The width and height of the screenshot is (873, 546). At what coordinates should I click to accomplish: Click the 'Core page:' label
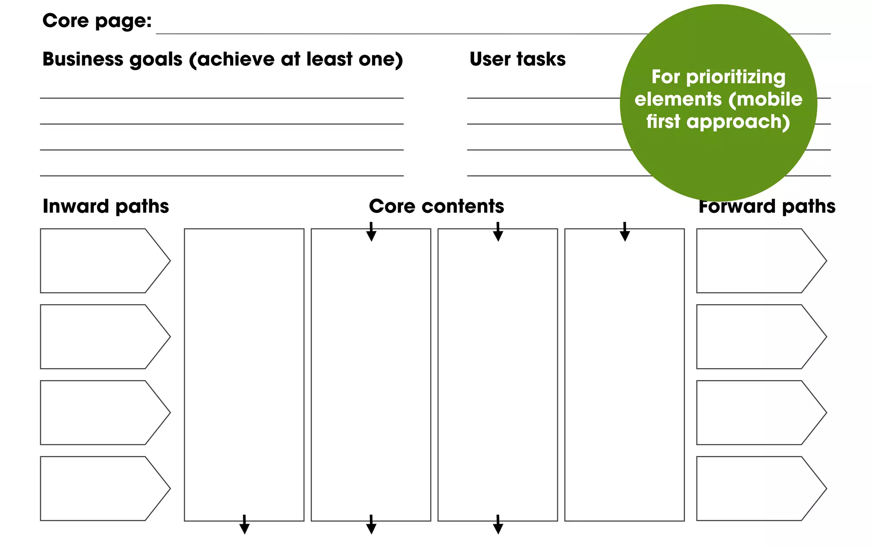point(97,21)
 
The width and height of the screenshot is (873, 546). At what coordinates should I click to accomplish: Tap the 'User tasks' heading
point(517,59)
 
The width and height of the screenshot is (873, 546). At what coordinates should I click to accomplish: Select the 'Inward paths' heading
point(106,206)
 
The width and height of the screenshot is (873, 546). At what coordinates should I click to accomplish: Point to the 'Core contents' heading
point(436,206)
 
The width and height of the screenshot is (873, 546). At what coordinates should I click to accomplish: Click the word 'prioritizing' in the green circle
point(736,77)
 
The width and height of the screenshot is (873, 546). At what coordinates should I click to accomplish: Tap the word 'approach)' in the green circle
point(738,122)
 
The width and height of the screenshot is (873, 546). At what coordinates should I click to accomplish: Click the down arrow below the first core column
point(244,525)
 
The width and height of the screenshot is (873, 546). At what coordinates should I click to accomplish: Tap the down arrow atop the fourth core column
point(624,232)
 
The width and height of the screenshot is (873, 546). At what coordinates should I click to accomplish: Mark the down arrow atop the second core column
point(371,232)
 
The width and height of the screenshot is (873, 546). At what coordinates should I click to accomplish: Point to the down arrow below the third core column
point(498,525)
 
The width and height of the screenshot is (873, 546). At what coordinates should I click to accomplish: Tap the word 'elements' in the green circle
point(678,99)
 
